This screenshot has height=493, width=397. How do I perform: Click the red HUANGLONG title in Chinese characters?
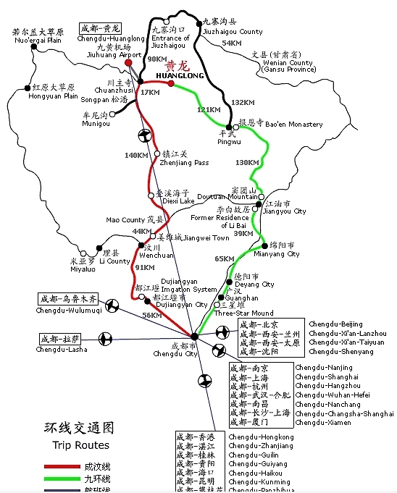point(177,64)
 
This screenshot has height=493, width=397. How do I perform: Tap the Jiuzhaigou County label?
point(233,32)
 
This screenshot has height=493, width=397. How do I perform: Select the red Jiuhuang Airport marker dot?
point(128,63)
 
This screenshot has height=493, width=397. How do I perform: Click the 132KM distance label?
point(244,103)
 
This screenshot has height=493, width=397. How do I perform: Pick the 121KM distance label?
point(209,109)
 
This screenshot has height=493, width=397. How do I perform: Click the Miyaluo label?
point(83,269)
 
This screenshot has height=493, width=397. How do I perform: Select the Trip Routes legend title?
point(80,445)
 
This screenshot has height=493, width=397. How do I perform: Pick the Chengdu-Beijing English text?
point(335,324)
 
